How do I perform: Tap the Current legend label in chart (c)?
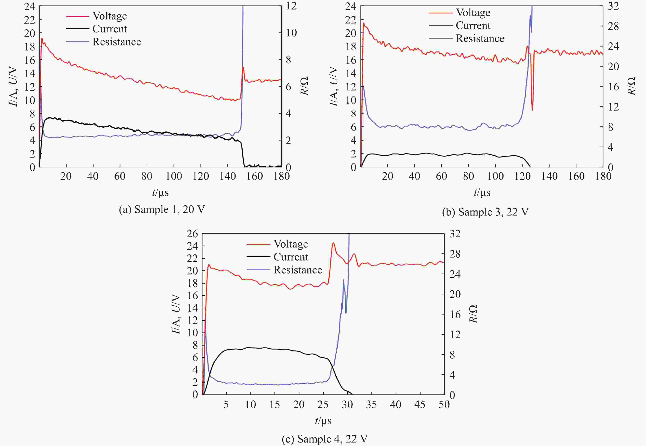(291, 257)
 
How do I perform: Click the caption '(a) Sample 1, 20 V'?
(162, 209)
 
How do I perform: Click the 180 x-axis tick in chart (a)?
(282, 176)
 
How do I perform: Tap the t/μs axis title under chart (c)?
(323, 421)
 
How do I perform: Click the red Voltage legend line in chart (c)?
(258, 244)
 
